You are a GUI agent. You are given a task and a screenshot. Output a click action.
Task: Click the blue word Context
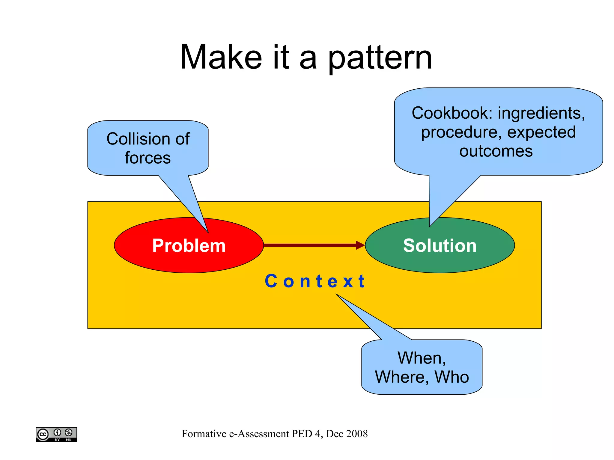tap(315, 281)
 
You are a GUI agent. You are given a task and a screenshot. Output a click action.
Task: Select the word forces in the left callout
tap(148, 158)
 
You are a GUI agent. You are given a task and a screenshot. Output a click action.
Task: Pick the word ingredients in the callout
tap(541, 113)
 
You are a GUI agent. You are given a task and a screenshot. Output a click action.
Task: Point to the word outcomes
tap(496, 151)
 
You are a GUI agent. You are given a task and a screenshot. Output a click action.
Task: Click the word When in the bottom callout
tap(421, 358)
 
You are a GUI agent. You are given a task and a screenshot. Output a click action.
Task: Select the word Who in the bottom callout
tap(452, 377)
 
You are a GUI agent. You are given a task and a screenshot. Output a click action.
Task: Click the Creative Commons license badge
tap(56, 434)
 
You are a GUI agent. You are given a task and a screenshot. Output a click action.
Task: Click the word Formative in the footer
tap(204, 434)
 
